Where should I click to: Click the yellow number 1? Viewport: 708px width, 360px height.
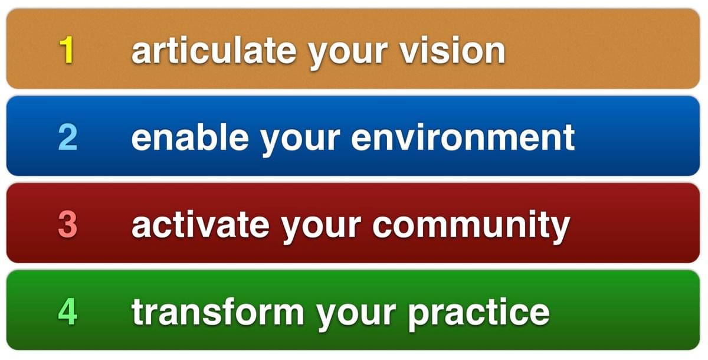click(x=67, y=50)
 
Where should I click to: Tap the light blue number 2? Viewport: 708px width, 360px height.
click(x=68, y=137)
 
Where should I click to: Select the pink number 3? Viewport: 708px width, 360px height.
click(x=68, y=224)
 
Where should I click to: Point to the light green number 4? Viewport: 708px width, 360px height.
click(x=68, y=312)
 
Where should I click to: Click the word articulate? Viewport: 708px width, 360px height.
click(x=214, y=51)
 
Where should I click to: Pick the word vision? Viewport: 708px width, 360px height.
click(x=453, y=51)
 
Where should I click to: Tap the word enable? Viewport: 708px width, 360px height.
click(x=190, y=137)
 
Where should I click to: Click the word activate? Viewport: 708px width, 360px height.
click(x=201, y=224)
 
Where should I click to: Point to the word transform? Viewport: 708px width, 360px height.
click(x=218, y=312)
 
